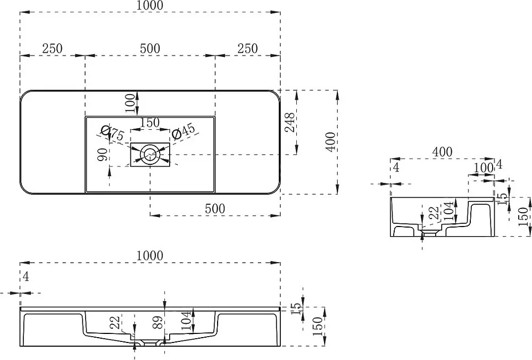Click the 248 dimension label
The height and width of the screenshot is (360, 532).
[289, 122]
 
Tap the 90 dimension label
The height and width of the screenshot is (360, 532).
[103, 155]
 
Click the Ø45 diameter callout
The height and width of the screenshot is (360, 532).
[184, 131]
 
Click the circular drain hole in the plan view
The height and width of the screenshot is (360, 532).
[149, 155]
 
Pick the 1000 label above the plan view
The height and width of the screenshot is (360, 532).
[149, 5]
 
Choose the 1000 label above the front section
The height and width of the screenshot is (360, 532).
[149, 255]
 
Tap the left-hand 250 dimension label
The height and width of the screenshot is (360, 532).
[52, 48]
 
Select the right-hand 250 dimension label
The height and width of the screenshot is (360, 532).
[247, 48]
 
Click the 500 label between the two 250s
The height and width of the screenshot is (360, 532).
[150, 48]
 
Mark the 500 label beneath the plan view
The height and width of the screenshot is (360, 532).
[215, 208]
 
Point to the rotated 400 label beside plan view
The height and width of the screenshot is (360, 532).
[330, 142]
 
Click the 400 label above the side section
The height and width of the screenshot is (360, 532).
[442, 152]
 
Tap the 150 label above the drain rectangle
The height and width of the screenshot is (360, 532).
[150, 122]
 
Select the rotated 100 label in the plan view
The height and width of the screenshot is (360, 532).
[130, 103]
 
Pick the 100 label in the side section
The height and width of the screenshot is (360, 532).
[483, 168]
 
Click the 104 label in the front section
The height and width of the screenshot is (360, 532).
[186, 321]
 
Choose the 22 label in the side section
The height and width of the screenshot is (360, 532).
[434, 213]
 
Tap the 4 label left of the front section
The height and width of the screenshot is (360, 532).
[26, 277]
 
